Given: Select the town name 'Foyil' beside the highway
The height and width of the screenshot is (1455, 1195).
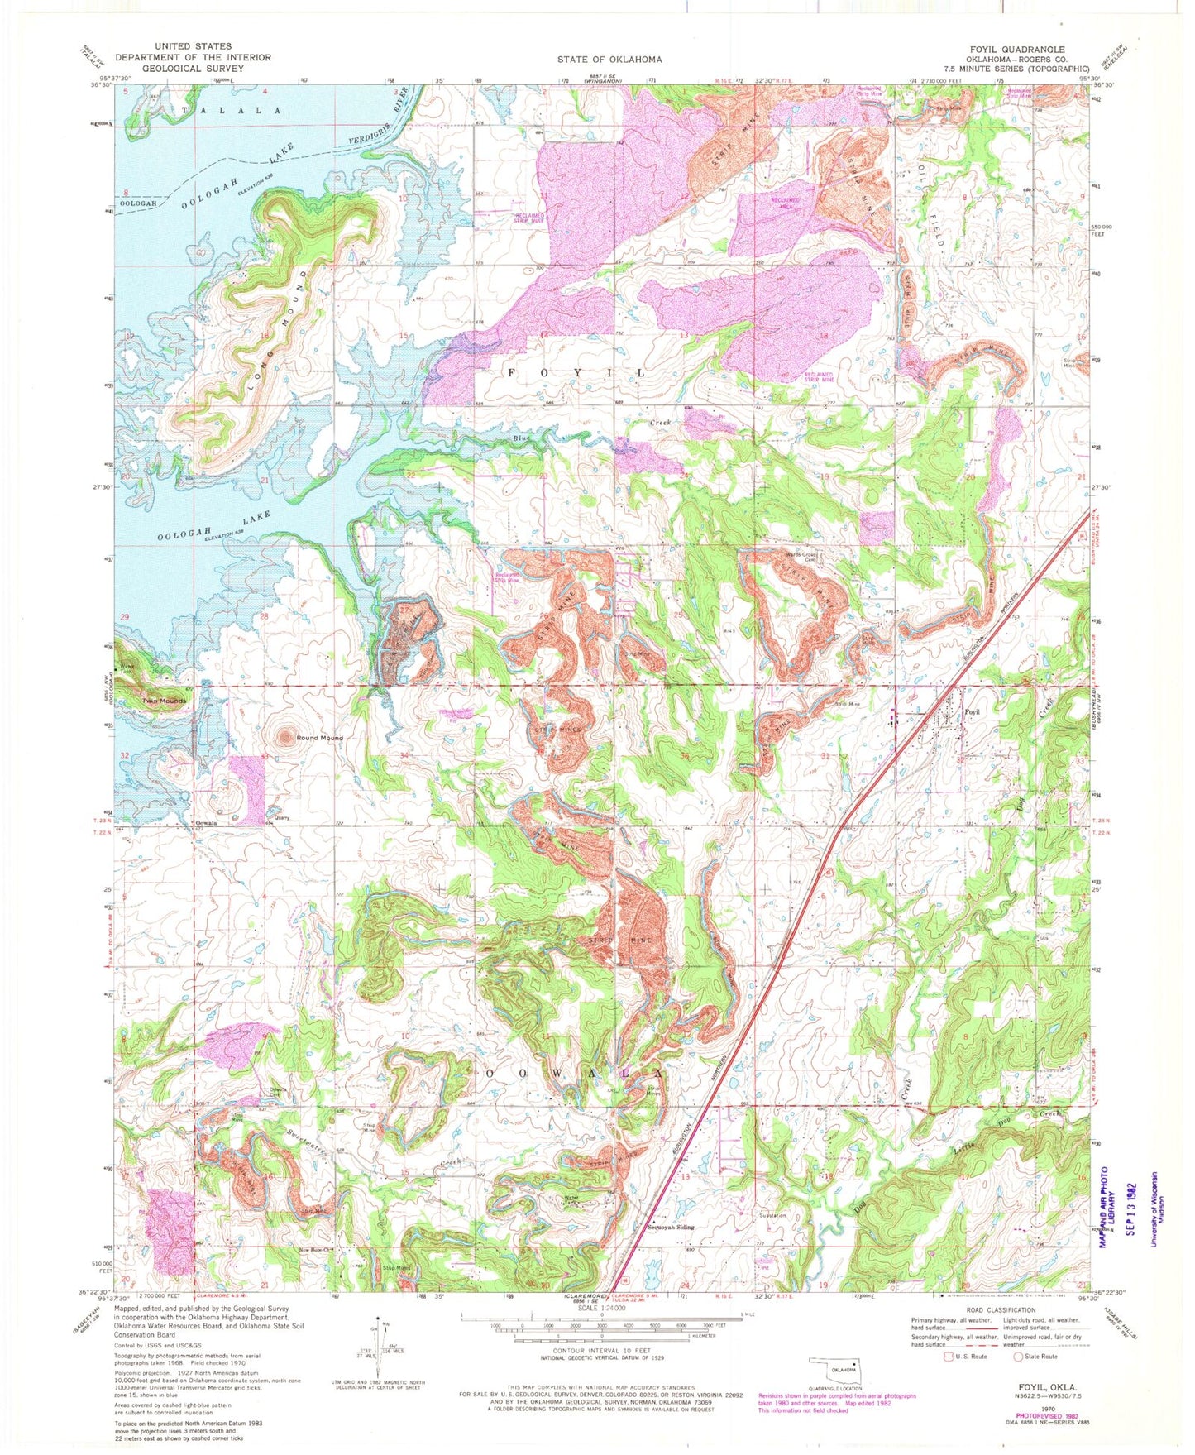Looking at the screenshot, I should click(973, 711).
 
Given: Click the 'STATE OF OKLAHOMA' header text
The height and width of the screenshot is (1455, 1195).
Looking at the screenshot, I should click(609, 60).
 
